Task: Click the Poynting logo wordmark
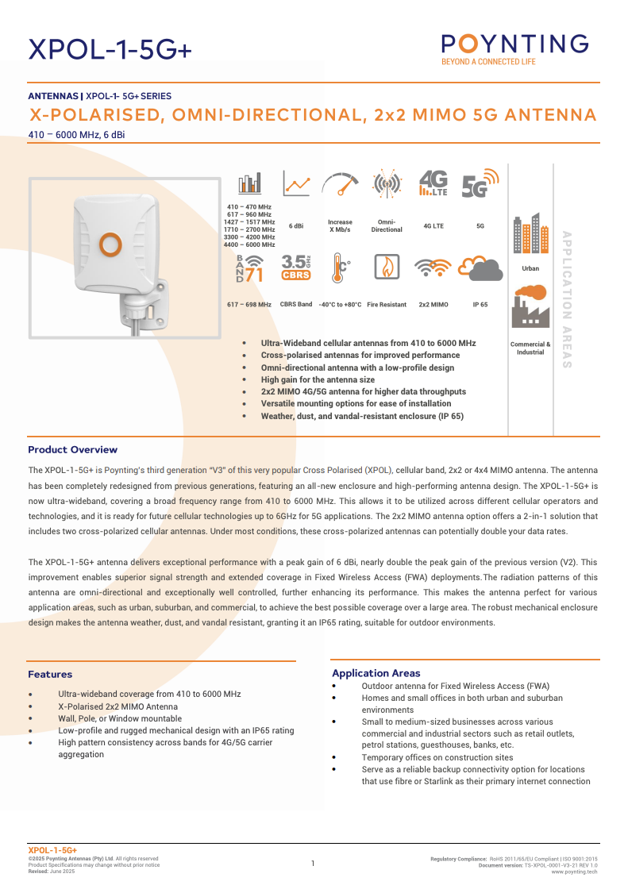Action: (515, 44)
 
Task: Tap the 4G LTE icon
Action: (433, 183)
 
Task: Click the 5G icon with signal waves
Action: (480, 183)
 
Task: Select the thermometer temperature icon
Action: (341, 267)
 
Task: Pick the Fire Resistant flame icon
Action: (387, 267)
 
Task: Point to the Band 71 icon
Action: (249, 268)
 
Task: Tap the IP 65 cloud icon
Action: (480, 268)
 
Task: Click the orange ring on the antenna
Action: (110, 244)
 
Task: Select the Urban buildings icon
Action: (530, 233)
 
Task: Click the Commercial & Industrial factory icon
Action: (530, 306)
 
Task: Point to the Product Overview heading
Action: (72, 449)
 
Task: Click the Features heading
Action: (50, 674)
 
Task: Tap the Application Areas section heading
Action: (376, 673)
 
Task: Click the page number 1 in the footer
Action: (313, 864)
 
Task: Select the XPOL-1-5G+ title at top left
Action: (110, 49)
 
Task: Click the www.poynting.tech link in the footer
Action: (574, 872)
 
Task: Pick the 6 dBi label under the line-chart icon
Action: (296, 225)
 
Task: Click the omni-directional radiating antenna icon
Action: (387, 183)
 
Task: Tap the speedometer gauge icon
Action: (341, 183)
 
